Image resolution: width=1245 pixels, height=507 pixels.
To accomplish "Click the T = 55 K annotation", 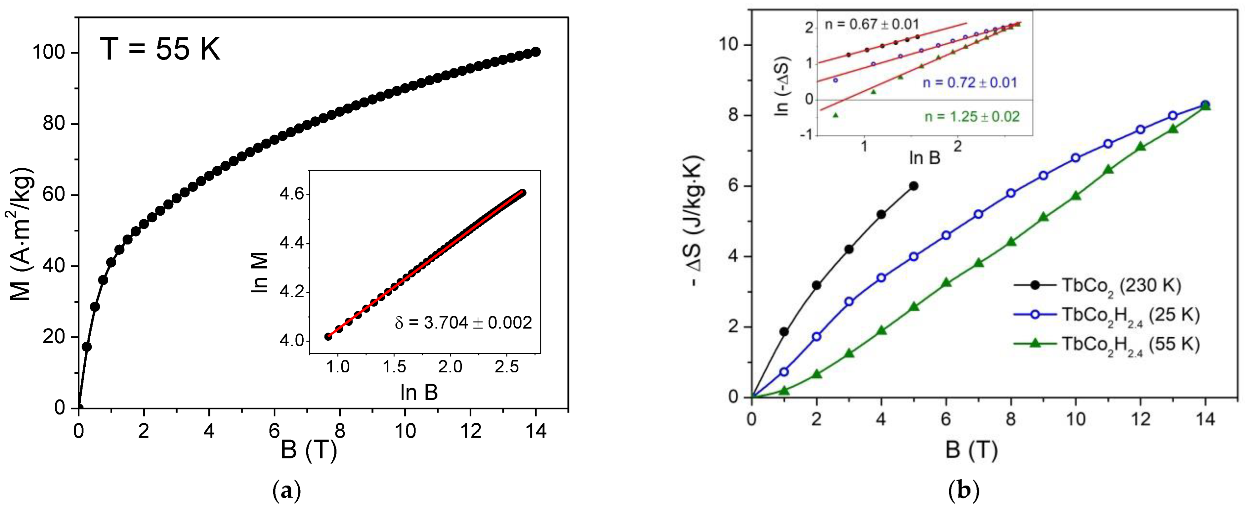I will coord(160,49).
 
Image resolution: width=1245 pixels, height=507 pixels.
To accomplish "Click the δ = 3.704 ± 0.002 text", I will coord(463,322).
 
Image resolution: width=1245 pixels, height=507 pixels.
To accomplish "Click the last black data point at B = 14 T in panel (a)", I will coord(536,52).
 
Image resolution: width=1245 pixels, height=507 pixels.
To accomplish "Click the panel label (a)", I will coord(287,492).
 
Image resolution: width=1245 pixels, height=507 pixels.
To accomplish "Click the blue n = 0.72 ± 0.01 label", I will coord(970,82).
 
